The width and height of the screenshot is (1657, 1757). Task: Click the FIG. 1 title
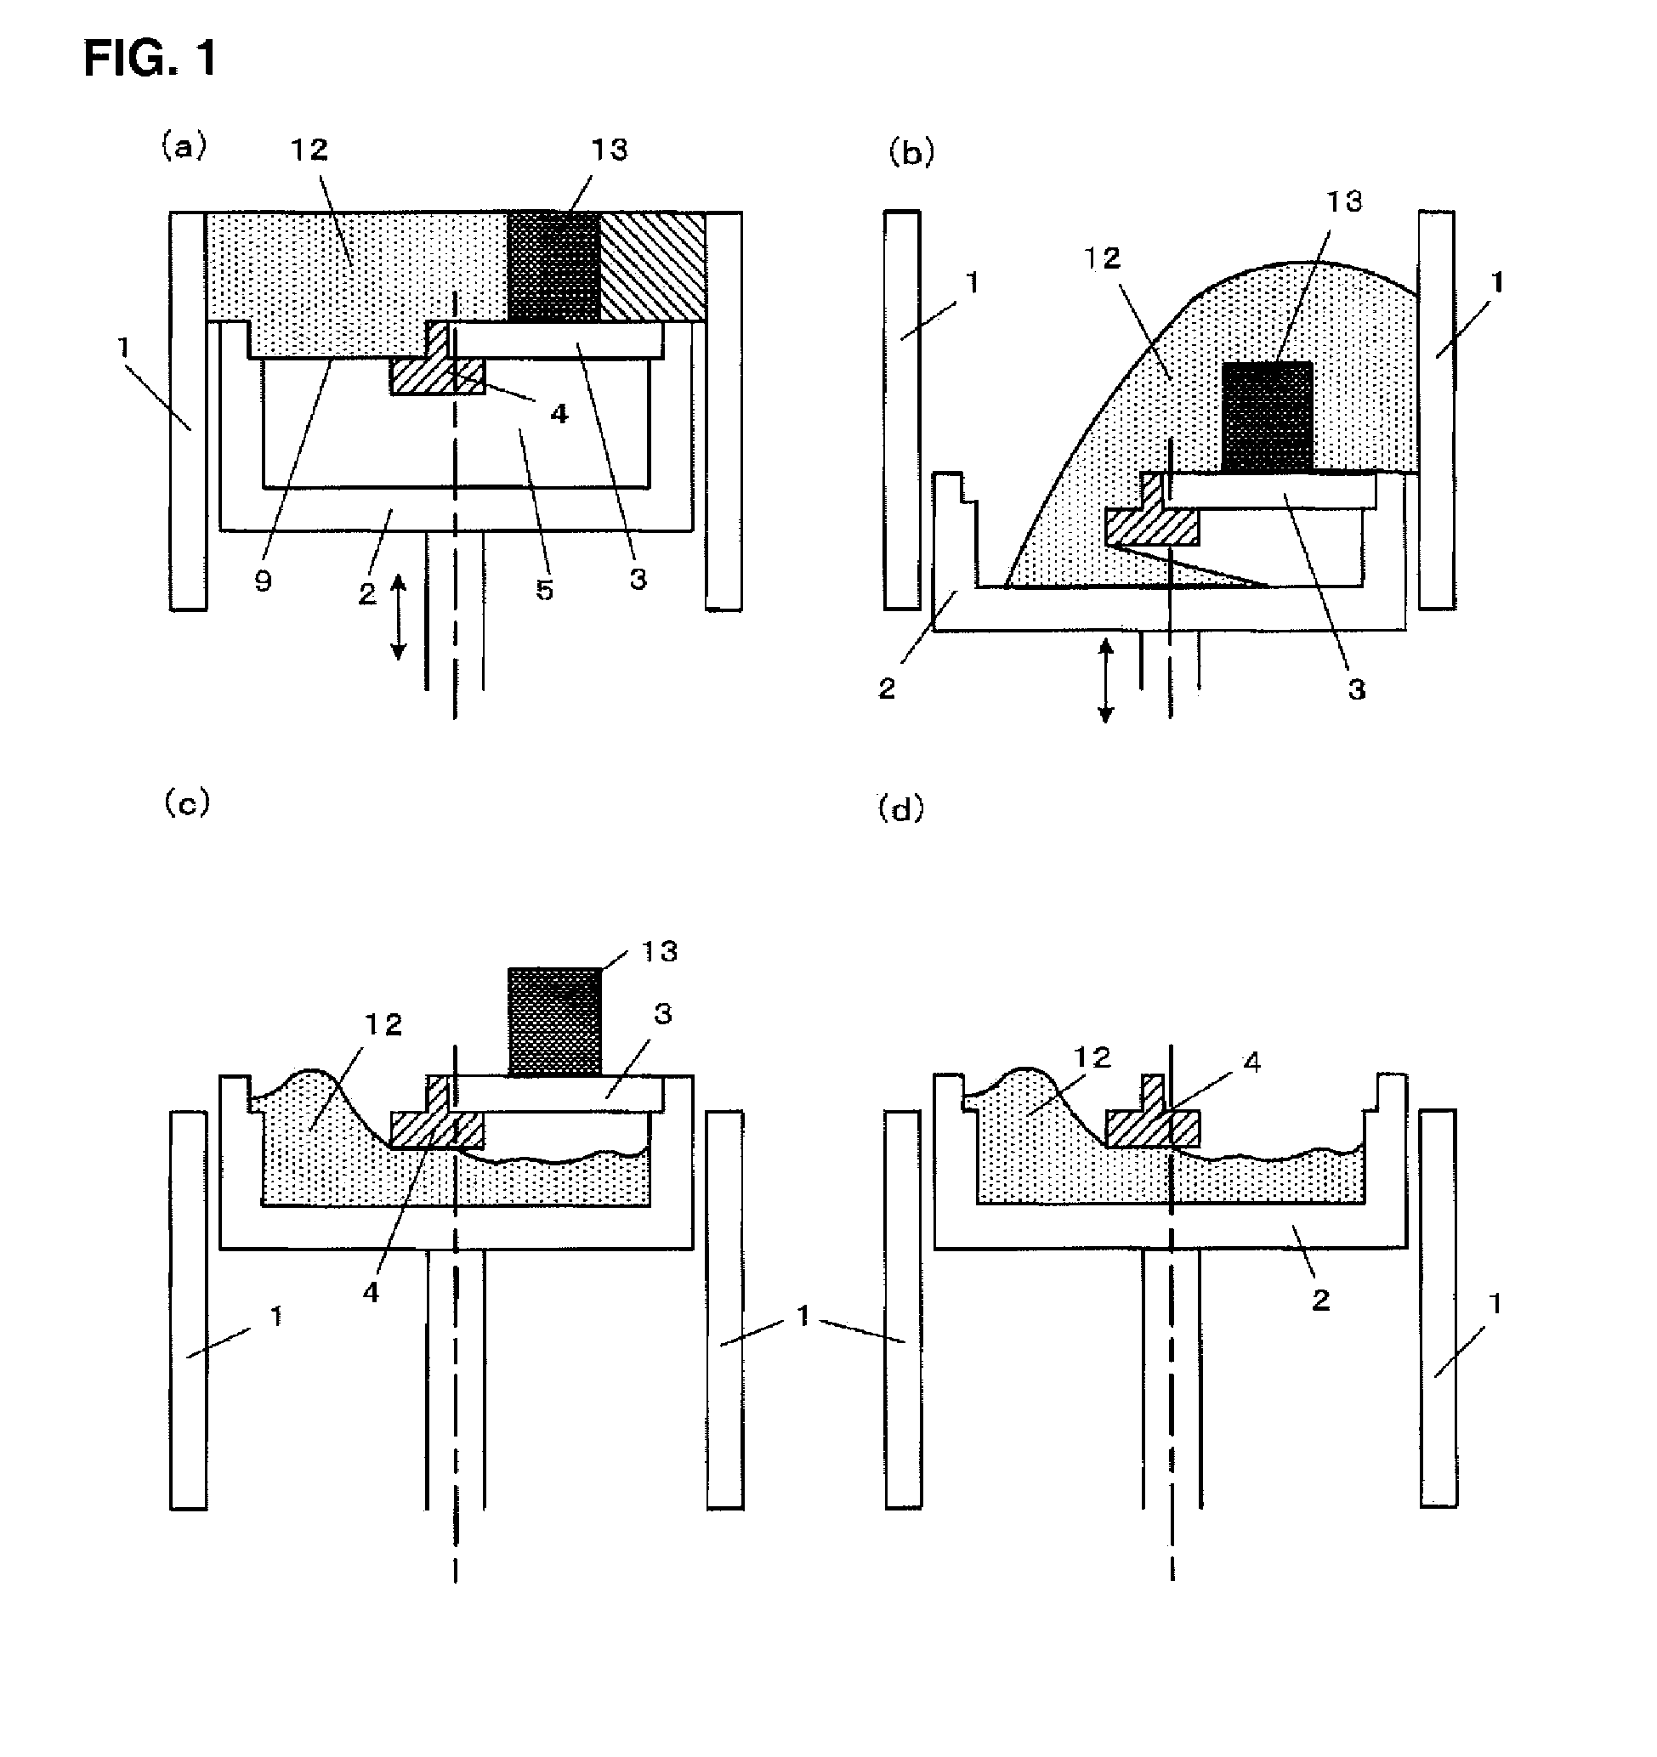tap(150, 60)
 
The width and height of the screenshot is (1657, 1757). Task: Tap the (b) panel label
tap(911, 153)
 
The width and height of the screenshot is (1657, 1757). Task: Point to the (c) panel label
tap(187, 803)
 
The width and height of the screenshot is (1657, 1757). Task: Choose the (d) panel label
tap(900, 808)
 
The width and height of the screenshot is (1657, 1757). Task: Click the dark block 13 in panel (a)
tap(554, 266)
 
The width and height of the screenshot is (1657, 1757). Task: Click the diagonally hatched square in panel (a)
tap(652, 266)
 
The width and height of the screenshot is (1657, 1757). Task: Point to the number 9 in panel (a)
tap(263, 581)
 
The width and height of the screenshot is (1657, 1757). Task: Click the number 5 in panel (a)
tap(544, 590)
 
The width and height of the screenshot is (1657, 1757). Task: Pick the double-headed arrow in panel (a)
tap(399, 617)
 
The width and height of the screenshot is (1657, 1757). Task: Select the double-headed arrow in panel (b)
tap(1104, 682)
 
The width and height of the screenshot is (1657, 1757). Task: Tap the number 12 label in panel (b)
tap(1102, 258)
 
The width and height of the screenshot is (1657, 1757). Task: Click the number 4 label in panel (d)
tap(1251, 1063)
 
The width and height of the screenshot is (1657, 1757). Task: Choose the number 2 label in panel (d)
tap(1320, 1299)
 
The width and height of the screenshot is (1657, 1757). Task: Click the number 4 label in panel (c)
tap(372, 1292)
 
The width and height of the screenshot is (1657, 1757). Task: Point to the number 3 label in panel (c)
tap(663, 1014)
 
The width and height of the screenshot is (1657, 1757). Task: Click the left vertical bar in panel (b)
tap(901, 410)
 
